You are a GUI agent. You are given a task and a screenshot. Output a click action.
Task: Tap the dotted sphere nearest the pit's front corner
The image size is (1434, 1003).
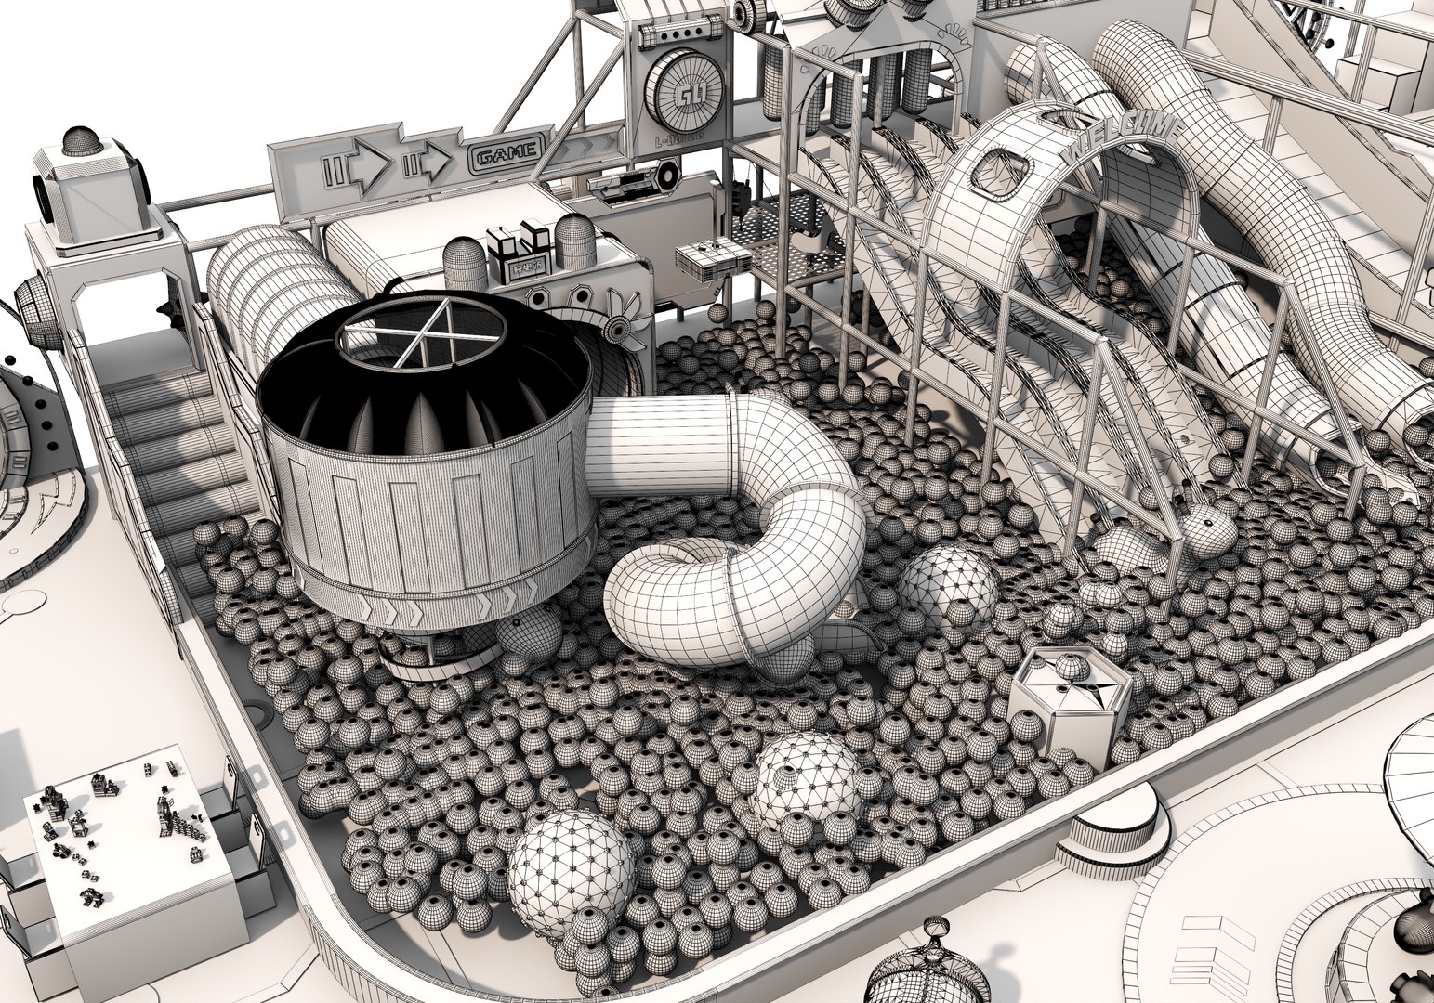566,865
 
